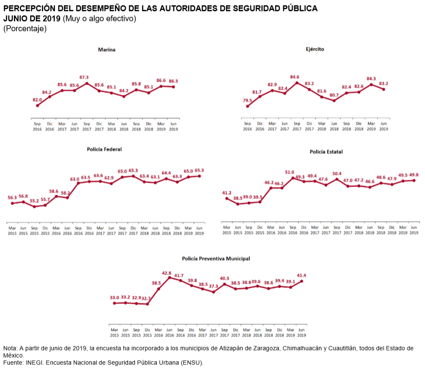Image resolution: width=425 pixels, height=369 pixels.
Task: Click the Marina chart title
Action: pos(107,50)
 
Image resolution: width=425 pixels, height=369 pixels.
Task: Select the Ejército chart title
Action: pos(315,49)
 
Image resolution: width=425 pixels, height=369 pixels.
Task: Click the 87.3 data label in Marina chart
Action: pos(87,77)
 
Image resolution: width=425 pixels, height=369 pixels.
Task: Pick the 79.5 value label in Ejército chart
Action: pos(248,101)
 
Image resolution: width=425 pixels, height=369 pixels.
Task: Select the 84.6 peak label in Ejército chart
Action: pos(297,77)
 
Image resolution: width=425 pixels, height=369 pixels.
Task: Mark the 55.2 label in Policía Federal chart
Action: pos(34,201)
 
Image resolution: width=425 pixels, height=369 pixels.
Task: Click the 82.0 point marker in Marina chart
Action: pos(37,106)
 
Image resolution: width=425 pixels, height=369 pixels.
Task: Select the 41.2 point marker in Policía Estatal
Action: pos(227,199)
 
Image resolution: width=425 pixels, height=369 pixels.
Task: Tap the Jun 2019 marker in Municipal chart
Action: pos(301,281)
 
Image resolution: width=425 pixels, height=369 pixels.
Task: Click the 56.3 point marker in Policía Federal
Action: pos(12,203)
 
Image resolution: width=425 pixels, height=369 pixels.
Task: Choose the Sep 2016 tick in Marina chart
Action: pos(37,126)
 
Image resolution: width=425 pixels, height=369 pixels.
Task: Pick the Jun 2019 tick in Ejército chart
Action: pos(384,126)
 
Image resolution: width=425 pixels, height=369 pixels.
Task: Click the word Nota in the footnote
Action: pos(10,348)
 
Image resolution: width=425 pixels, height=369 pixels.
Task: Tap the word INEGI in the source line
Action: pos(34,363)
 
